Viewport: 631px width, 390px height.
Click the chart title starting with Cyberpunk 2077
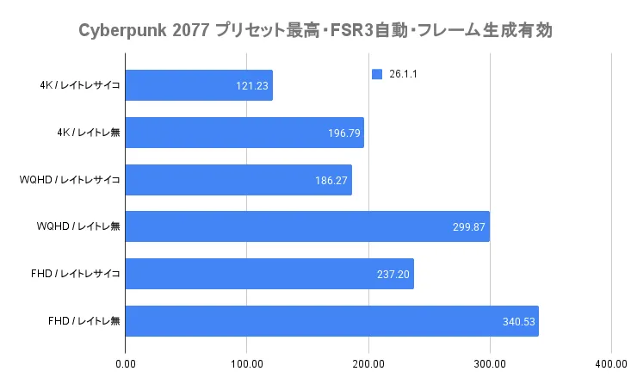[315, 31]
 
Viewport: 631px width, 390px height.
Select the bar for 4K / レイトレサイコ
[199, 85]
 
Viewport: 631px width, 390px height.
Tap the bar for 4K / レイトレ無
[244, 133]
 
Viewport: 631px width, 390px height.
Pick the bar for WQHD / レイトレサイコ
[238, 180]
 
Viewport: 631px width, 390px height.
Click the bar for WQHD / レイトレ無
[307, 226]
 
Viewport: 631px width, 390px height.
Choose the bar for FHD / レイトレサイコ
[269, 274]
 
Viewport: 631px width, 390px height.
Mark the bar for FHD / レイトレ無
[331, 321]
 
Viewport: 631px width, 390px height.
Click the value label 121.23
[251, 86]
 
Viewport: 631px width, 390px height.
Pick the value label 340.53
[518, 322]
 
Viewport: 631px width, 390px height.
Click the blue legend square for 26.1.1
[376, 75]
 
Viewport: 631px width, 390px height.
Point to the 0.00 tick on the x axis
[126, 364]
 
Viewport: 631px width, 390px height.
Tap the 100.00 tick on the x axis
[247, 364]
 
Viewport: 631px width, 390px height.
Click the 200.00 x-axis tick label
[368, 364]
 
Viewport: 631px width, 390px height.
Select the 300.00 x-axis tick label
[490, 364]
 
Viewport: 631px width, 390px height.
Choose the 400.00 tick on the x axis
[610, 364]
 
